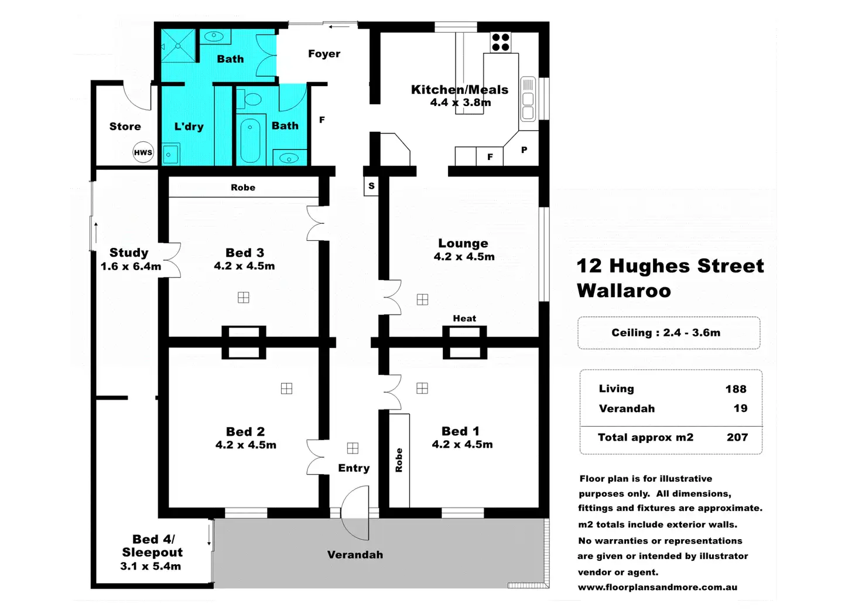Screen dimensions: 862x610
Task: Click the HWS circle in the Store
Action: click(x=143, y=152)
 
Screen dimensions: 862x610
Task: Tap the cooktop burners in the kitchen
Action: click(x=501, y=42)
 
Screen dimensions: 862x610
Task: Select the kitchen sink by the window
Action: click(x=528, y=99)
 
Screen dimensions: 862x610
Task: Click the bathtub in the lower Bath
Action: click(x=250, y=139)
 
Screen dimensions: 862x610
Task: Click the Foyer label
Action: click(x=324, y=54)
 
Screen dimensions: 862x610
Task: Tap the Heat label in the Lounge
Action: click(x=464, y=318)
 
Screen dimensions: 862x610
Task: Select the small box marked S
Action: click(x=371, y=186)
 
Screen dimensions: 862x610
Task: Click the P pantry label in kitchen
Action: click(x=524, y=150)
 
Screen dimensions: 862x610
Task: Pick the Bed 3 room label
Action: click(x=245, y=253)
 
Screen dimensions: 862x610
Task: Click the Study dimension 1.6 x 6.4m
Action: click(x=131, y=267)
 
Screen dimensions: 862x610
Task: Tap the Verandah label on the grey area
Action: click(x=355, y=555)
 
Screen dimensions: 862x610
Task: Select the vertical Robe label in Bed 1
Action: click(x=399, y=460)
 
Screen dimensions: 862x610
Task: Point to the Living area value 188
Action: click(x=736, y=389)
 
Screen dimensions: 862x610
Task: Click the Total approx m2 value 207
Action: click(x=737, y=437)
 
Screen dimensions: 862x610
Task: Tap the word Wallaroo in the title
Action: click(x=624, y=291)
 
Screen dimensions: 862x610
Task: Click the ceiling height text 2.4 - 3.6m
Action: click(x=692, y=333)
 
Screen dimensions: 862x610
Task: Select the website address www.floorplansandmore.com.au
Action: click(x=658, y=587)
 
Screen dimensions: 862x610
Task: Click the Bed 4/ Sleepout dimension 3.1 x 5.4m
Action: click(x=150, y=566)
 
